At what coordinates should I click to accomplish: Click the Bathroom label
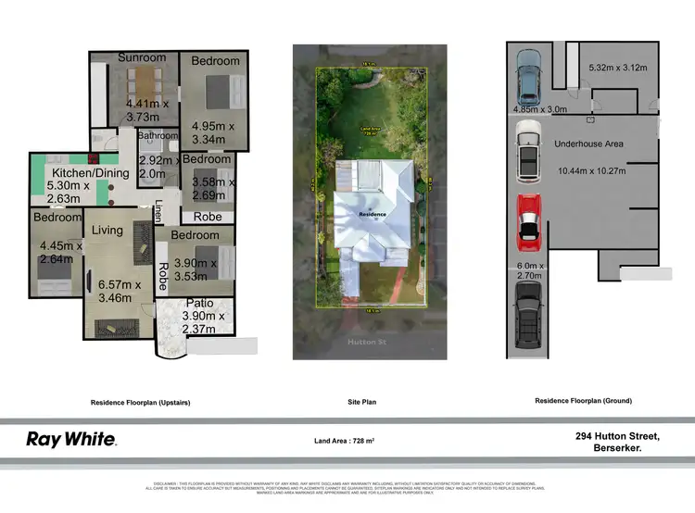tap(157, 135)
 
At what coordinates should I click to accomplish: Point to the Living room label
tap(107, 230)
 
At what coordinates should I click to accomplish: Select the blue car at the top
tap(527, 77)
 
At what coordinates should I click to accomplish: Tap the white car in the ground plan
tap(527, 154)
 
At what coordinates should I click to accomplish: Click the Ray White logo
tap(70, 439)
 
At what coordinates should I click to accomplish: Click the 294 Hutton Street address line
tap(618, 435)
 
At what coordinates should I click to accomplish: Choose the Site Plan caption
tap(370, 402)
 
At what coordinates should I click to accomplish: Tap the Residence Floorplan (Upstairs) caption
tap(141, 402)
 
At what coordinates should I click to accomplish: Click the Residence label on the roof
tap(373, 214)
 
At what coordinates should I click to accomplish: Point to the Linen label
tap(158, 211)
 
